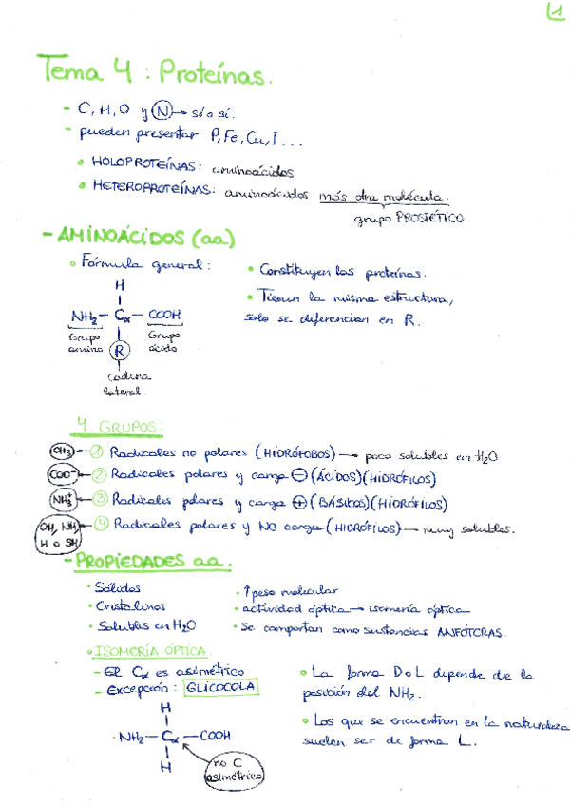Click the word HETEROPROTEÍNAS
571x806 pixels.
(151, 188)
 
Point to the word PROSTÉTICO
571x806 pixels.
(432, 219)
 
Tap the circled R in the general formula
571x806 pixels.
(120, 351)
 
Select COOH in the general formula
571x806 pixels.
(164, 316)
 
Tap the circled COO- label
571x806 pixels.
(62, 473)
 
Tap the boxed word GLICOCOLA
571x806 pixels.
(220, 688)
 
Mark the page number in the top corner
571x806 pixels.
(554, 12)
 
